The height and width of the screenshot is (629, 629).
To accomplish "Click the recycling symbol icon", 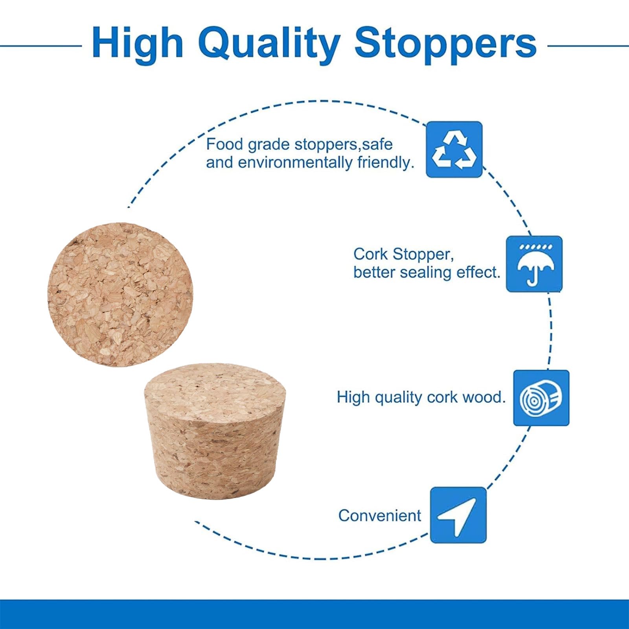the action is point(454,149).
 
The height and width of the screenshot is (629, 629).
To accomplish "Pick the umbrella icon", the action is point(534,264).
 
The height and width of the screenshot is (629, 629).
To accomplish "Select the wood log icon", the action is point(541,398).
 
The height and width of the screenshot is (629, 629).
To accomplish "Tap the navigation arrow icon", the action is point(458,515).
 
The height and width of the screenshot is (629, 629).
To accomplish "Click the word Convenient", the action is point(379,515).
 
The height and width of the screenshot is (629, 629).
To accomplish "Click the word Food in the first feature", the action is point(225,144).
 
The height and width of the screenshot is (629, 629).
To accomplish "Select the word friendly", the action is point(386,162).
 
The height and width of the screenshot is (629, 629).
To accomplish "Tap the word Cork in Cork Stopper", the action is point(371,254).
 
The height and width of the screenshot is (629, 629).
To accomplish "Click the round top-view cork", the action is point(120,294).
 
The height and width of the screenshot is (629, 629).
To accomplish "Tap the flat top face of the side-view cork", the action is point(215,387).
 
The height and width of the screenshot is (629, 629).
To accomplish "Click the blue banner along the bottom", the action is point(314,614).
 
